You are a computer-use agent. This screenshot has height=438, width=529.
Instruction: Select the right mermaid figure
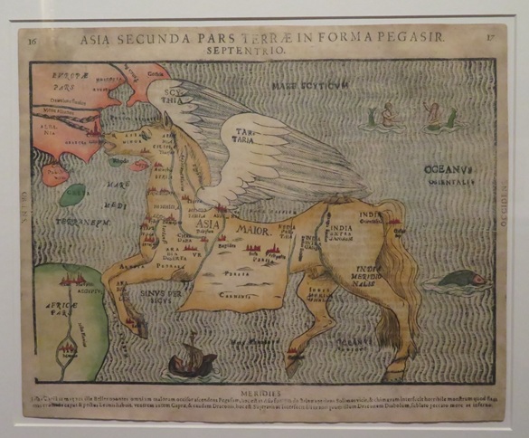pyautogui.click(x=437, y=115)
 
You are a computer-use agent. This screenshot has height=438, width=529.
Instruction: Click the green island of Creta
pyautogui.click(x=74, y=194)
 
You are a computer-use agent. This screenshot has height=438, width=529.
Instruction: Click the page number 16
pyautogui.click(x=33, y=41)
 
